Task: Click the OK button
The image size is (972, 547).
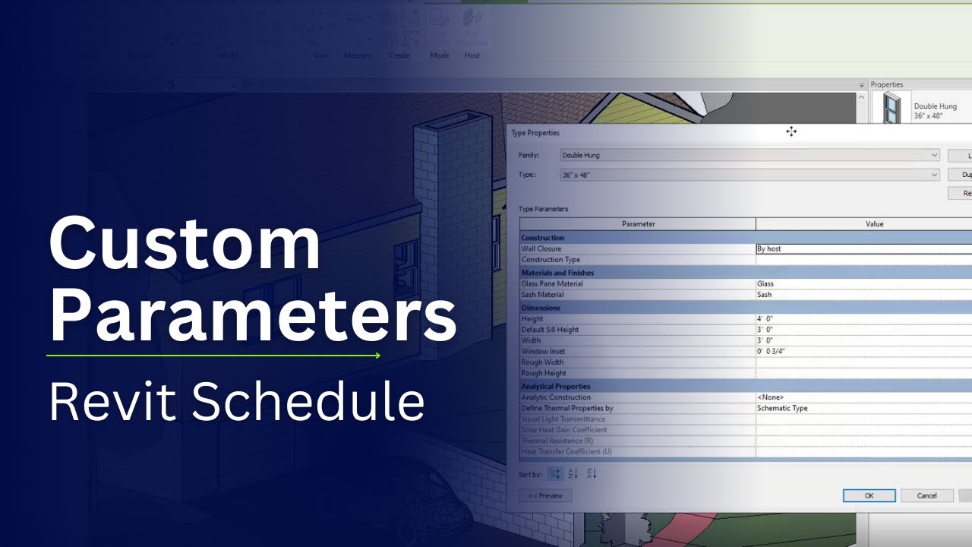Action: (869, 495)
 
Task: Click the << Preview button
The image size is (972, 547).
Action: (545, 495)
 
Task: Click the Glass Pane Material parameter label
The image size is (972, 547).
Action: (552, 283)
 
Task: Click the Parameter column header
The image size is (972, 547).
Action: (638, 223)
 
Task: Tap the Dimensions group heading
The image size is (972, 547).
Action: (541, 308)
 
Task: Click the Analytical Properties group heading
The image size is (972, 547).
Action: (556, 386)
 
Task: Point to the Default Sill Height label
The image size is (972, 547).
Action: (550, 330)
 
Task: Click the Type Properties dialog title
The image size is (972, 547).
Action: (535, 133)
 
